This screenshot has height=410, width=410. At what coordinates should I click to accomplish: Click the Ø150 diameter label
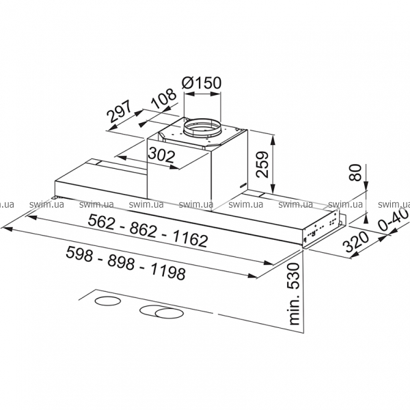(202, 83)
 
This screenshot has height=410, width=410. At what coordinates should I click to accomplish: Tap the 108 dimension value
(164, 98)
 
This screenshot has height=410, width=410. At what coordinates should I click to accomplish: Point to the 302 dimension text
(161, 155)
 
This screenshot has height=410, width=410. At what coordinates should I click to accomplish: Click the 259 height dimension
(262, 165)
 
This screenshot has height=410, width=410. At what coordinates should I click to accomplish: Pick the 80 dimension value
(355, 172)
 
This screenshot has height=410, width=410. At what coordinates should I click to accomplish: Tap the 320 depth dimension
(356, 242)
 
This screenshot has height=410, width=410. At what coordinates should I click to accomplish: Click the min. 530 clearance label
(294, 294)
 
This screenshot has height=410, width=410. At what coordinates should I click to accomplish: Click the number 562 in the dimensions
(101, 221)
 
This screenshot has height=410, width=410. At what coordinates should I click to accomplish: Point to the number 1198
(168, 272)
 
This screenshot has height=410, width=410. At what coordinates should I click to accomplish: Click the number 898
(122, 262)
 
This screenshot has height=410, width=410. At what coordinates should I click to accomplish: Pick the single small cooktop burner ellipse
(107, 301)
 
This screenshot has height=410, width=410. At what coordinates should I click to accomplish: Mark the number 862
(143, 230)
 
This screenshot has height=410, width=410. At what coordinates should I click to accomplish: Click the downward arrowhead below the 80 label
(366, 185)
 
